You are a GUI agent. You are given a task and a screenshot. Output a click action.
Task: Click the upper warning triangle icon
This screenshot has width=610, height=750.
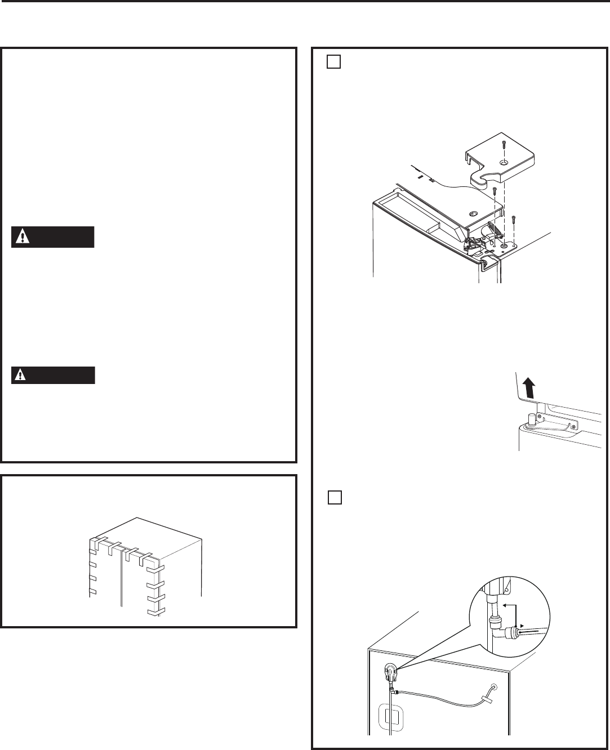(21, 238)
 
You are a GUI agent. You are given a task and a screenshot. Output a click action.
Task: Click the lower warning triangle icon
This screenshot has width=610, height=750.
(21, 376)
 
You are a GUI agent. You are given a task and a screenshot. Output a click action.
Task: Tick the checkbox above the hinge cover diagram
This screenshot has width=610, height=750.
(333, 62)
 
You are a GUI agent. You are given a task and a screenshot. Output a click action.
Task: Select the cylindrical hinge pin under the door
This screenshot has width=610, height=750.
(531, 419)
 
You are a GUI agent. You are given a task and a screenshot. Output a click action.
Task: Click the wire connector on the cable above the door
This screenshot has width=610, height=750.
(431, 181)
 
